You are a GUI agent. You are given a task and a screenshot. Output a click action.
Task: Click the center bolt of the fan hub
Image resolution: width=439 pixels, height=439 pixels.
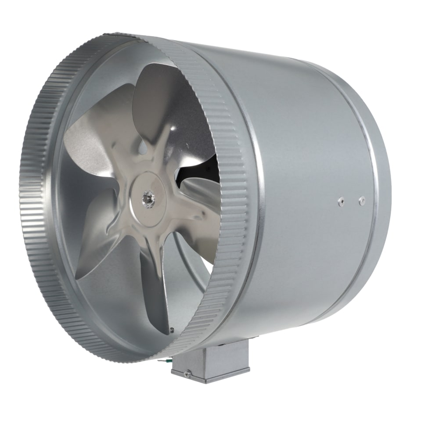(x=145, y=199)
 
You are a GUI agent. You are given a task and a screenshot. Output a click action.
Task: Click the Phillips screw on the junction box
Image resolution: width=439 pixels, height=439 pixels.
(x=188, y=374)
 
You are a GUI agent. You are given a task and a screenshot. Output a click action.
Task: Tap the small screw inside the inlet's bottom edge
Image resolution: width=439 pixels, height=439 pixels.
(x=172, y=330)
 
